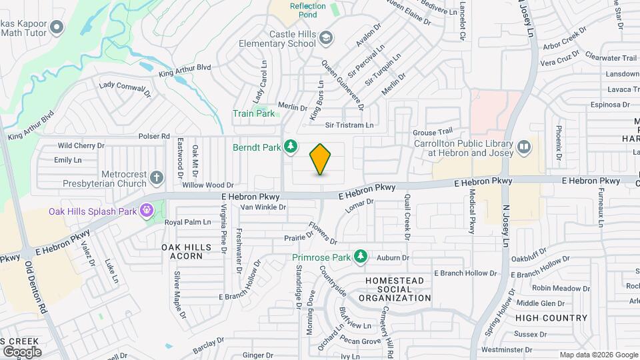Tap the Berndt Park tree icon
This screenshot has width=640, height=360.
[x=291, y=146]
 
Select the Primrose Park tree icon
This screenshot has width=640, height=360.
[x=361, y=256]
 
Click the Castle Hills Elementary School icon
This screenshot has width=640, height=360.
[x=325, y=37]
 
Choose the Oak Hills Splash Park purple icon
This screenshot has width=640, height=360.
[x=147, y=211]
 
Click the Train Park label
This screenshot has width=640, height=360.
[x=253, y=113]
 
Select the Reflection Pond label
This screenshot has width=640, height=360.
[x=308, y=11]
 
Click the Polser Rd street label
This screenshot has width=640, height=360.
[x=154, y=136]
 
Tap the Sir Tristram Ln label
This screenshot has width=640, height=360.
[x=349, y=125]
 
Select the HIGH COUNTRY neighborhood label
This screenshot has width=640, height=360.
[x=551, y=318]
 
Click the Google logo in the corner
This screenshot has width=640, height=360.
[x=21, y=351]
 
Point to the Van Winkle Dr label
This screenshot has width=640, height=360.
[x=263, y=207]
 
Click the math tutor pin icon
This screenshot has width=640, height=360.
[x=57, y=27]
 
